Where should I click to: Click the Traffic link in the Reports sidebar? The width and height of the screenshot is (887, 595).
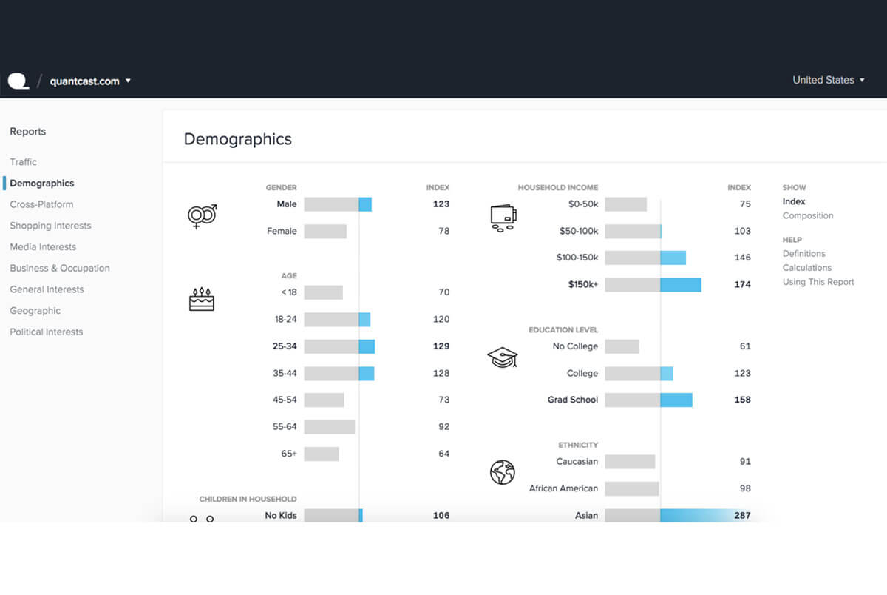(x=23, y=162)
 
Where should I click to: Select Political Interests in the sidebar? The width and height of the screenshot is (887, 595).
(x=46, y=332)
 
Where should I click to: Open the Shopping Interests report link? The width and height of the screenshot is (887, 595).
(x=50, y=226)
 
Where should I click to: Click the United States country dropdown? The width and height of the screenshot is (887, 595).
(x=828, y=80)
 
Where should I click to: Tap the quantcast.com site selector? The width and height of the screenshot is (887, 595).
(x=89, y=81)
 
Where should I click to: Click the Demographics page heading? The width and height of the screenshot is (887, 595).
(x=237, y=139)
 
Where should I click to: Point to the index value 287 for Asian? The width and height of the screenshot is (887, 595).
(x=741, y=515)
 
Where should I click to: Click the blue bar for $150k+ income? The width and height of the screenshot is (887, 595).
(x=680, y=284)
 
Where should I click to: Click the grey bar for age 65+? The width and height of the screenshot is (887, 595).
(x=322, y=454)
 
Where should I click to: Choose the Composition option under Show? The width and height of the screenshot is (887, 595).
(x=807, y=216)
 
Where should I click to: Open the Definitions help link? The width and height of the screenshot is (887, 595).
(x=803, y=254)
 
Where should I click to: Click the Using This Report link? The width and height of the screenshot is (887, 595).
(x=818, y=282)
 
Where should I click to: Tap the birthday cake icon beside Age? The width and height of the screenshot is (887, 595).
(x=201, y=299)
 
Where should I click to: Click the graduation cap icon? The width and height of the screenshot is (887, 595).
(x=503, y=357)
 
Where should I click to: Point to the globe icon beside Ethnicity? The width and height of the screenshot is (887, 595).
(x=502, y=472)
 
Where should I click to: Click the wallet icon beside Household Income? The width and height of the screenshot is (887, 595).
(x=503, y=218)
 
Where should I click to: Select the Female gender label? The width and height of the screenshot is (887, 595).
(x=282, y=232)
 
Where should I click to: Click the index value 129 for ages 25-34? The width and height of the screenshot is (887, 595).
(x=441, y=346)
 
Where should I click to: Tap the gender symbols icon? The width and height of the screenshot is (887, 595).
(x=202, y=215)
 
